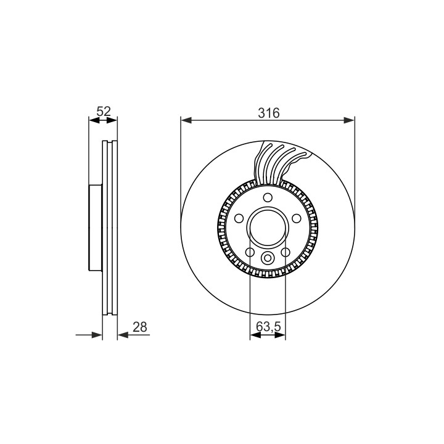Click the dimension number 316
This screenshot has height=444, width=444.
tap(268, 113)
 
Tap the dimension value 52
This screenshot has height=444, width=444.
tap(104, 111)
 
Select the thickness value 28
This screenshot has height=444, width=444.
tap(140, 327)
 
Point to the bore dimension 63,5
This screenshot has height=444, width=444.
tap(268, 327)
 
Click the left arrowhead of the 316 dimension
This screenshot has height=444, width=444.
tap(186, 120)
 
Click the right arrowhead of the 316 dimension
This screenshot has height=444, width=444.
tap(349, 120)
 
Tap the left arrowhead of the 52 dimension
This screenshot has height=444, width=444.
tap(94, 120)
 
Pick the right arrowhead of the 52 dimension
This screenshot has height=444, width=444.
tap(112, 120)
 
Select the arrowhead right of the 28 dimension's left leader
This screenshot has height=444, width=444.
tap(97, 335)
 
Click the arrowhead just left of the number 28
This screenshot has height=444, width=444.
tap(123, 335)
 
